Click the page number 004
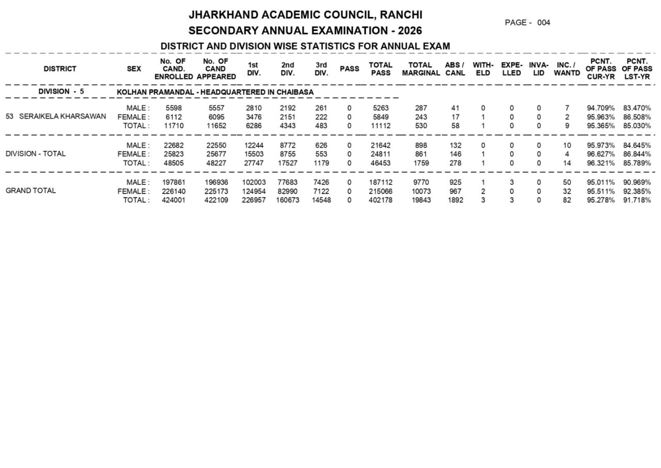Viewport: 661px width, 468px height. [x=543, y=23]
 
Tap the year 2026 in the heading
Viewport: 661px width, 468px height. [x=410, y=30]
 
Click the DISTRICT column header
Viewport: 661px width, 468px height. [x=60, y=69]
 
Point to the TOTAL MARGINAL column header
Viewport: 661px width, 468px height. [x=421, y=69]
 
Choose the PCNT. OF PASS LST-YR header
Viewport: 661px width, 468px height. [x=637, y=69]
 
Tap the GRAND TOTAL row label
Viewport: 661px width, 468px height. [x=31, y=191]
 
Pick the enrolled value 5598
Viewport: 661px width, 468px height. [x=174, y=108]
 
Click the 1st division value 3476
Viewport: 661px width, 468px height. [x=254, y=117]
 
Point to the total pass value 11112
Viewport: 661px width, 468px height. [x=381, y=126]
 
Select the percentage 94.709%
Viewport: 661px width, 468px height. [x=601, y=108]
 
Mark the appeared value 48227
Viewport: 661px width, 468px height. [x=216, y=163]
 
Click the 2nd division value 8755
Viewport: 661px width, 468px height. [x=287, y=154]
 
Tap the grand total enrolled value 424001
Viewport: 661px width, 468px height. [x=174, y=200]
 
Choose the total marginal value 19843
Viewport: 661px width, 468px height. [x=421, y=200]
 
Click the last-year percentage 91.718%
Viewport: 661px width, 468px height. [x=637, y=200]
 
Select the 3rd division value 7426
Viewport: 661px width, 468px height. [x=321, y=182]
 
